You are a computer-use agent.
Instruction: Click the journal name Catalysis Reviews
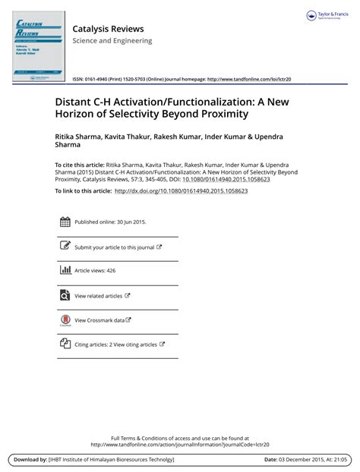(x=108, y=29)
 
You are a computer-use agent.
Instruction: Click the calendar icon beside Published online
(x=65, y=222)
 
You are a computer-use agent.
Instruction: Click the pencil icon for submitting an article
(x=65, y=247)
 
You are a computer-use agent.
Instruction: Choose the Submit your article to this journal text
(x=114, y=247)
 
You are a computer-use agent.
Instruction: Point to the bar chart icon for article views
(x=65, y=270)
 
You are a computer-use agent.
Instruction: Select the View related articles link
(x=98, y=295)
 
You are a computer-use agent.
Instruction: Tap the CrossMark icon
(x=65, y=320)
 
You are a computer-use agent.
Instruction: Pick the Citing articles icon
(x=65, y=344)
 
